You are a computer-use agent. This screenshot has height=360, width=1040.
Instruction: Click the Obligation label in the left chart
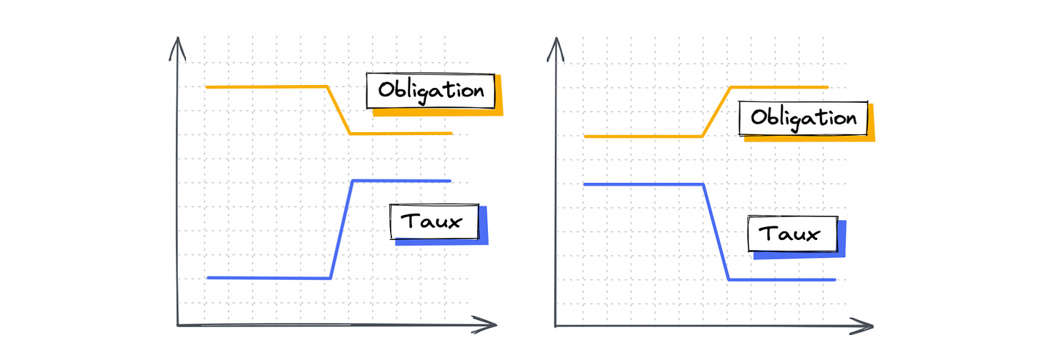tap(430, 91)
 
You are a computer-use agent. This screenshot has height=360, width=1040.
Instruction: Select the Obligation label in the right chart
tap(803, 118)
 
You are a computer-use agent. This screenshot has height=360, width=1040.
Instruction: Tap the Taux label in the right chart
tap(791, 234)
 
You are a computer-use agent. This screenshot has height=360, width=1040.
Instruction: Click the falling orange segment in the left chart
tap(339, 110)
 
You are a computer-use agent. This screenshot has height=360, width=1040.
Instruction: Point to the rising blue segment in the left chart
tap(341, 229)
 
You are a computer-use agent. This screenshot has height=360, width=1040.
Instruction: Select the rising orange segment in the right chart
tap(716, 111)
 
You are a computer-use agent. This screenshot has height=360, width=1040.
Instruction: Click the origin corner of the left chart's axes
tap(177, 326)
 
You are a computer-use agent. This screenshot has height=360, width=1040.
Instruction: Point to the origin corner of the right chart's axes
tap(555, 326)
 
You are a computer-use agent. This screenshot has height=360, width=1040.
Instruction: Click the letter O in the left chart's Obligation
tap(386, 91)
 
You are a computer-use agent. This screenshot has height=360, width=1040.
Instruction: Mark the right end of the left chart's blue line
tap(450, 181)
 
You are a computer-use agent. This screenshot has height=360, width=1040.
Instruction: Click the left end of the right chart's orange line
tap(585, 136)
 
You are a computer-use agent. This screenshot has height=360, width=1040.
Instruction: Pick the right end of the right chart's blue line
tap(834, 279)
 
